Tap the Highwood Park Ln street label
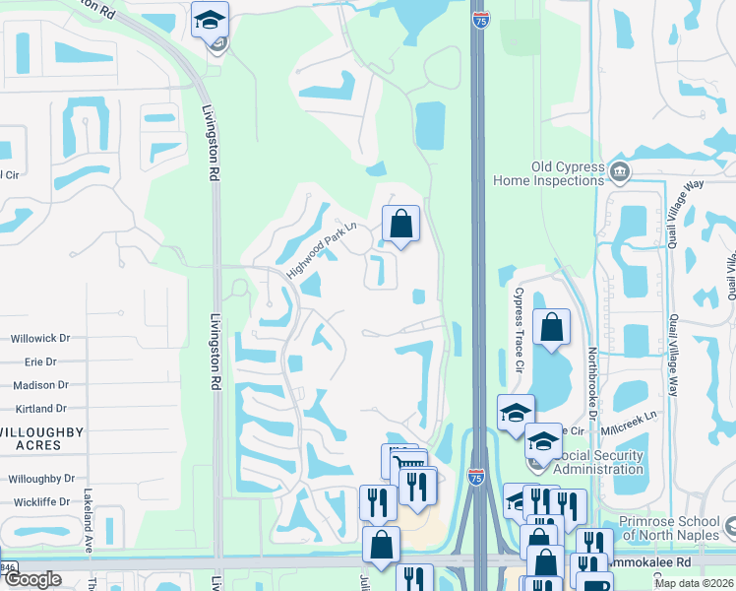click(320, 252)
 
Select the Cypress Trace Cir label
click(519, 316)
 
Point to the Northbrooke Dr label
click(592, 379)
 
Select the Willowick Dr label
click(39, 338)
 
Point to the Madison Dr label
click(41, 385)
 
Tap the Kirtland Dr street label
click(40, 408)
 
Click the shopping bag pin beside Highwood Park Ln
click(401, 224)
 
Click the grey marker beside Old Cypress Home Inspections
click(620, 173)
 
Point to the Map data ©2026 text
click(694, 583)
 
